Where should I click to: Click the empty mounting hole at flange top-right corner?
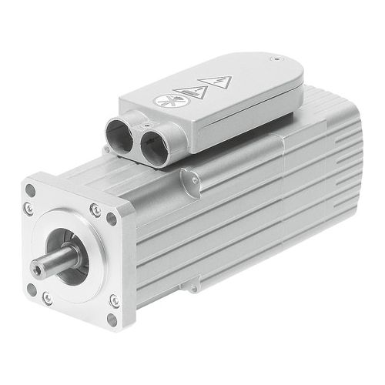112,219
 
